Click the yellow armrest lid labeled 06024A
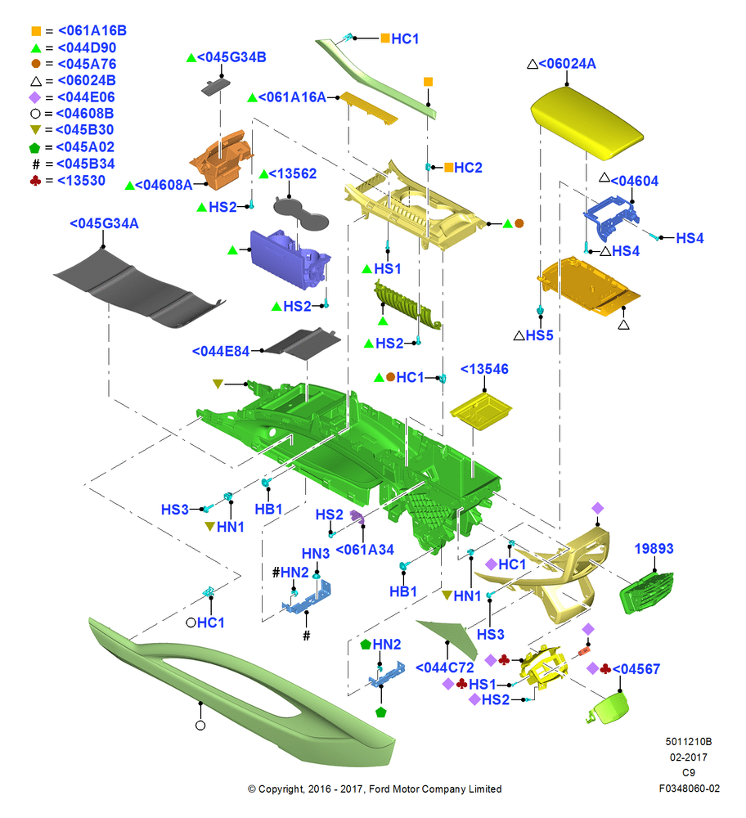point(586,124)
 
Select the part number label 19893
point(654,548)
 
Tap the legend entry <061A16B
point(92,31)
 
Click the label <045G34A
point(105,224)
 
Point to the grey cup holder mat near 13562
point(301,213)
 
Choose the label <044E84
point(221,352)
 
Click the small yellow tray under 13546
point(480,411)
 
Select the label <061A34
point(365,550)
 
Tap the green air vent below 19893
point(646,592)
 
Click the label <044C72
point(444,667)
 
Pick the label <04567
point(636,669)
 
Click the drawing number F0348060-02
point(689,789)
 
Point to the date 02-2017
point(689,757)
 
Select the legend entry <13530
point(81,181)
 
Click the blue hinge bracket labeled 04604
point(611,217)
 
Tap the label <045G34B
point(231,57)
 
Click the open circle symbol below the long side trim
point(200,725)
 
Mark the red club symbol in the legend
point(35,181)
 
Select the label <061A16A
point(292,97)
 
